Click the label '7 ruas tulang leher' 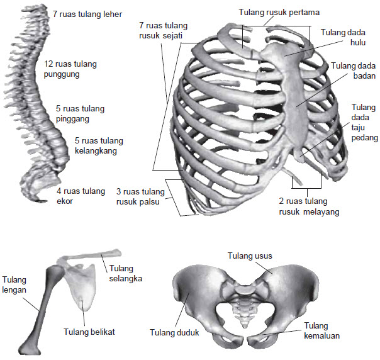(x=87, y=13)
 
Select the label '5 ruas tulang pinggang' (x=80, y=113)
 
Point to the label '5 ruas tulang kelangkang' (x=99, y=145)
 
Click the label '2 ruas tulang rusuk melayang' (x=308, y=207)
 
